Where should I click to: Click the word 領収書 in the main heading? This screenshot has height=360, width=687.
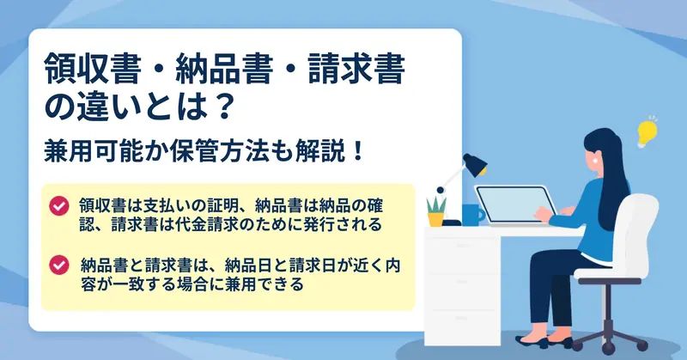(x=92, y=69)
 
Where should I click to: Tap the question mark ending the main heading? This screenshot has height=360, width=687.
(x=219, y=107)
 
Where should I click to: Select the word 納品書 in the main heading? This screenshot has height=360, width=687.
(x=223, y=69)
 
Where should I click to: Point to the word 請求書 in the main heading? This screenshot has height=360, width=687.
(x=356, y=69)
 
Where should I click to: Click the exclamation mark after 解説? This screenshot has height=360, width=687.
(x=358, y=151)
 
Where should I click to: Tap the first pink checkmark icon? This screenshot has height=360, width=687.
(x=58, y=205)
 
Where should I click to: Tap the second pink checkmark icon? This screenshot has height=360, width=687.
(x=58, y=265)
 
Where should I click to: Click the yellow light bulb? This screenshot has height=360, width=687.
(x=647, y=132)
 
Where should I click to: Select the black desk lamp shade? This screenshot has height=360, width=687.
(x=476, y=164)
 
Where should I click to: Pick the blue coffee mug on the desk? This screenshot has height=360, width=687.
(x=473, y=215)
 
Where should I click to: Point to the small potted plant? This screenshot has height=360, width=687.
(x=436, y=211)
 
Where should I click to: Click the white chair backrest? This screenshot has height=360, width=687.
(x=640, y=231)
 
